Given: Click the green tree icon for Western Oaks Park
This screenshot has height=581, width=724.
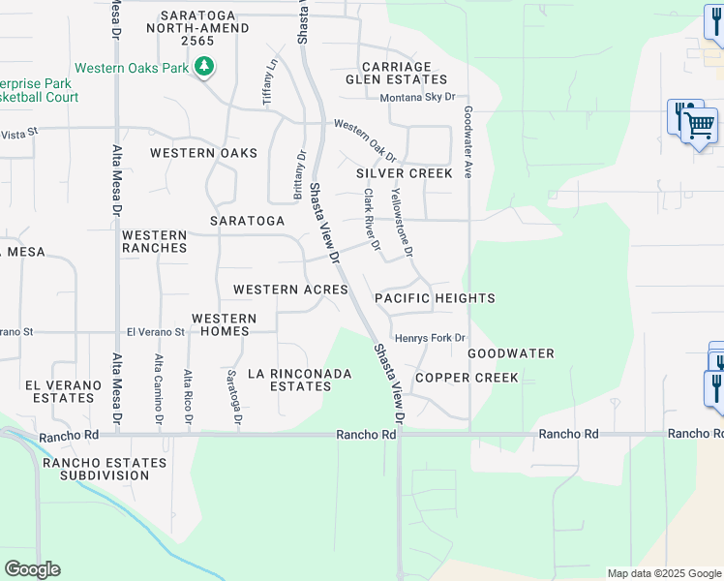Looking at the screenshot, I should coord(203,67).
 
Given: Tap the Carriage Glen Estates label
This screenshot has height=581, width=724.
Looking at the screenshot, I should coord(403,72).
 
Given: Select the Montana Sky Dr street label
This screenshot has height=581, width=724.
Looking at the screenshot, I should coord(416,98).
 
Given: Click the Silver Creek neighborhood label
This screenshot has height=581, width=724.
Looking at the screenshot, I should coord(404,173).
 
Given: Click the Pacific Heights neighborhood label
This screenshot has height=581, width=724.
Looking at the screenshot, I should coord(435,298).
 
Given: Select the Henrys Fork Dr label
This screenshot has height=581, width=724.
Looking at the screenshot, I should coord(431,338).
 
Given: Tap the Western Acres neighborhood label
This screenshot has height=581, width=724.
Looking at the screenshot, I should coord(290,290).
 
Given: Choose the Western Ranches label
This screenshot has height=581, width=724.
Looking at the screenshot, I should coord(154,241).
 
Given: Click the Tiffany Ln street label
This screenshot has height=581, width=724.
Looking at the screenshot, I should coord(270,82).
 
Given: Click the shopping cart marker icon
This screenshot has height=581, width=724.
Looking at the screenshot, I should coord(698,124).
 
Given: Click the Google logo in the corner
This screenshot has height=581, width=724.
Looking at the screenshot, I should coord(32,569).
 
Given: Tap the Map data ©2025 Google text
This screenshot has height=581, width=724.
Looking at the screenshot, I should coord(663,573).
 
